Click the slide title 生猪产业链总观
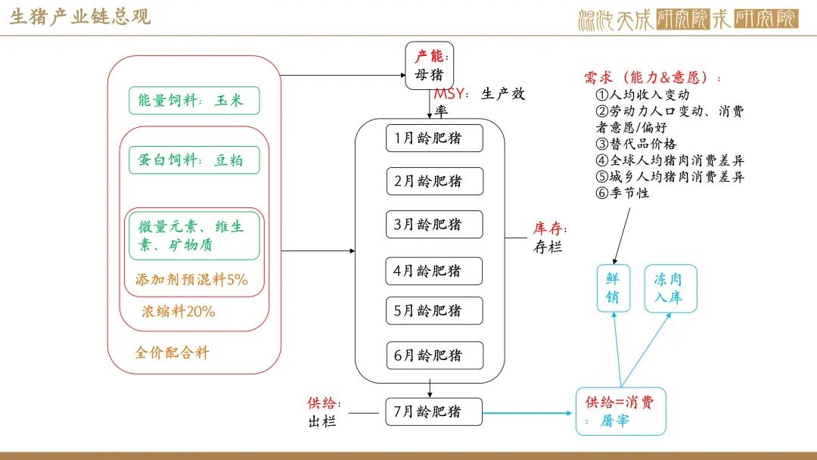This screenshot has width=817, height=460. [x=80, y=17]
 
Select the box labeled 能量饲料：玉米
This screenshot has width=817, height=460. [x=194, y=101]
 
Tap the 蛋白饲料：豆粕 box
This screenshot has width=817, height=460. [x=194, y=160]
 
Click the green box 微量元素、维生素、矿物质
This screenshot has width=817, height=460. [x=194, y=235]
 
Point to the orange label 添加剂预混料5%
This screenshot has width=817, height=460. [x=191, y=279]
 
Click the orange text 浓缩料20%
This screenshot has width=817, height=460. [x=179, y=311]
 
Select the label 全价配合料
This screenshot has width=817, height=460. [x=172, y=353]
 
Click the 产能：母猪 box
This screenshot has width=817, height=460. [x=430, y=66]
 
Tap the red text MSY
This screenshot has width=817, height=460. [x=449, y=95]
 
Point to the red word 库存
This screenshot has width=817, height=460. [x=548, y=228]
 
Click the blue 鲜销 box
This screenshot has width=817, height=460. [x=613, y=288]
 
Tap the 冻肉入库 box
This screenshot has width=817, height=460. [x=670, y=288]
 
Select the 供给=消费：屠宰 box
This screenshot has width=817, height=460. [x=620, y=412]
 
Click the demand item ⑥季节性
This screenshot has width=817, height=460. [x=623, y=193]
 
